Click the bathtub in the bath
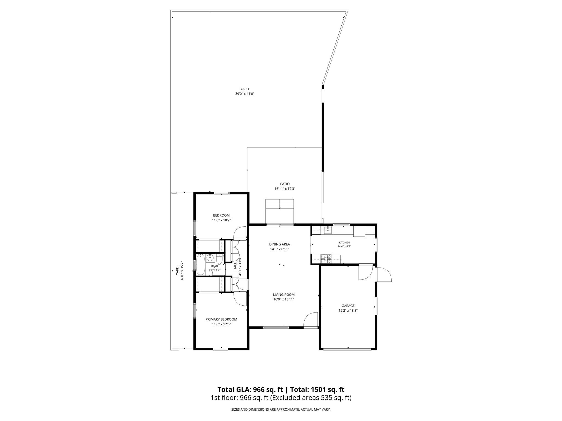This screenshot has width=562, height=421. tap(201, 264)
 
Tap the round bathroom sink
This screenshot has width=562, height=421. tap(210, 257)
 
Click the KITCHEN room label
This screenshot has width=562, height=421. tap(344, 243)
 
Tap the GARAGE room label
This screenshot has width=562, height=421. tap(348, 306)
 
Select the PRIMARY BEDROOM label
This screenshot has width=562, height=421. tap(221, 319)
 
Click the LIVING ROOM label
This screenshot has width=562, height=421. tap(284, 295)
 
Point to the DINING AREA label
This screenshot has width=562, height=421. tap(279, 244)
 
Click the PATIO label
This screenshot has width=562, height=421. tap(285, 184)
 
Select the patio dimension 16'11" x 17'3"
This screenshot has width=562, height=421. tap(285, 189)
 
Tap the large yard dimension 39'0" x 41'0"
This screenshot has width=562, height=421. tap(245, 94)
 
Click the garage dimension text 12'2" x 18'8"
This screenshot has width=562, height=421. tap(348, 311)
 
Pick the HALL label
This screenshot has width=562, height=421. tap(235, 266)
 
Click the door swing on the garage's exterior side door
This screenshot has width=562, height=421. tap(384, 274)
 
